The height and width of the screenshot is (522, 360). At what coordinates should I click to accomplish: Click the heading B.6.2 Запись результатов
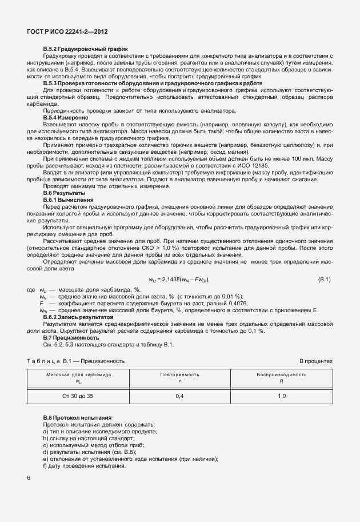78,317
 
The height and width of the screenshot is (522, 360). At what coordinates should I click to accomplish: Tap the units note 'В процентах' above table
316,361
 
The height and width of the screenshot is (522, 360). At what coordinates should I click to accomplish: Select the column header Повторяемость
179,374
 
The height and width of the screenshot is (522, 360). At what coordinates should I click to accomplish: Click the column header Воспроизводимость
281,374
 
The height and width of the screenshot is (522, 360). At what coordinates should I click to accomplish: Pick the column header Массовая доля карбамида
78,374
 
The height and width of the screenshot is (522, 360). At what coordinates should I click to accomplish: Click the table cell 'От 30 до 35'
78,396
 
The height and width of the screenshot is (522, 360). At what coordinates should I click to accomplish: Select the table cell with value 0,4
179,396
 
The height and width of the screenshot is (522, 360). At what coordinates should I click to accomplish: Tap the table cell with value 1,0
281,396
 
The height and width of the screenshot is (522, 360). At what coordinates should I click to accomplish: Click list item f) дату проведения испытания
84,466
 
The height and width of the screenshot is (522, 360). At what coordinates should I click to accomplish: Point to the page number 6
29,477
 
